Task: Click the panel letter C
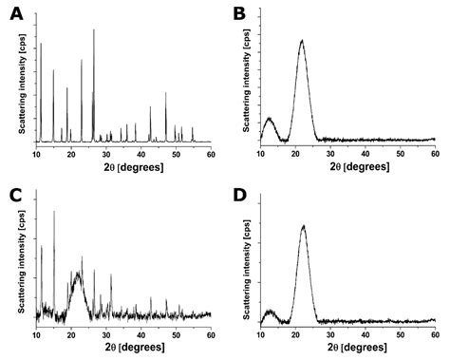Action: pos(15,196)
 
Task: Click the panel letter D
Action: pos(238,196)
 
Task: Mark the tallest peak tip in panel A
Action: pos(93,29)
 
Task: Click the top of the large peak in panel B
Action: pos(302,41)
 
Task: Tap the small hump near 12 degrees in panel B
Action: pos(270,119)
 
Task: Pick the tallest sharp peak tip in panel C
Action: pos(54,211)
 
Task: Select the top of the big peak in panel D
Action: pos(303,226)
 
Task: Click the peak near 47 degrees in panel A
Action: pos(166,92)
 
